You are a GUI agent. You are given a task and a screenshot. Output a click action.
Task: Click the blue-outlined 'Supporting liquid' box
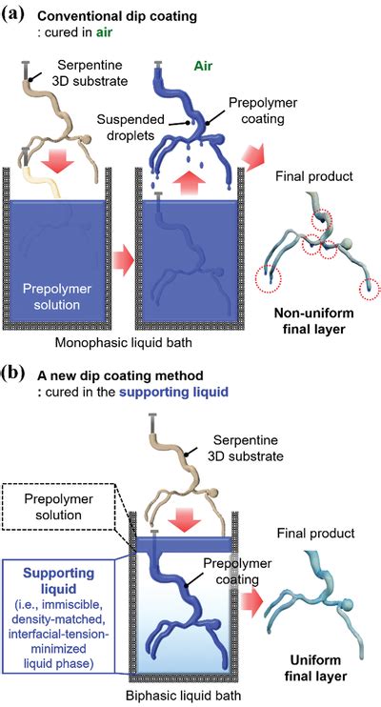[65, 610]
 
